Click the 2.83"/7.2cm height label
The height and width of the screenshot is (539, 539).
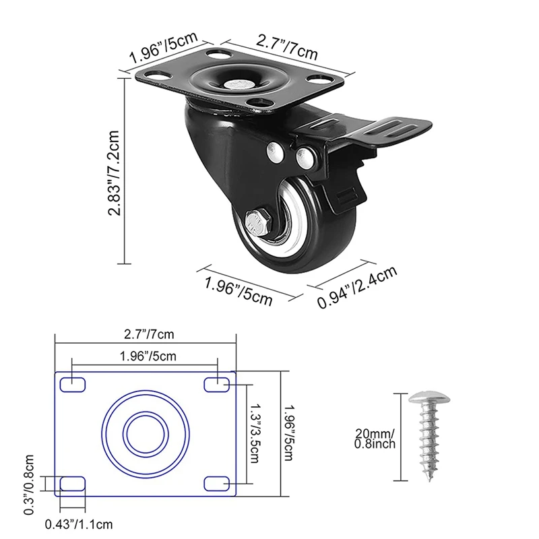[114, 173]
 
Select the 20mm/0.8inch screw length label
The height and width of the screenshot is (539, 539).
[375, 439]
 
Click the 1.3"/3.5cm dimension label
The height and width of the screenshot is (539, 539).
[255, 433]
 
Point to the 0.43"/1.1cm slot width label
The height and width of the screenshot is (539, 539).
[79, 524]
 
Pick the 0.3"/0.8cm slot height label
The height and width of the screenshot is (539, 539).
[29, 484]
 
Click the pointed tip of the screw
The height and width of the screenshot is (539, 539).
[430, 481]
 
